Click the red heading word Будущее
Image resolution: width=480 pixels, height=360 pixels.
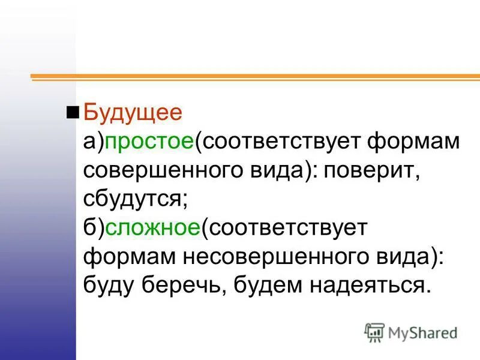point(133,113)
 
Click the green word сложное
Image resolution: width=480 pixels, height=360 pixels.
point(153,228)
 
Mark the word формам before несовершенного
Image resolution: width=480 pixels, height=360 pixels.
point(127,257)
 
